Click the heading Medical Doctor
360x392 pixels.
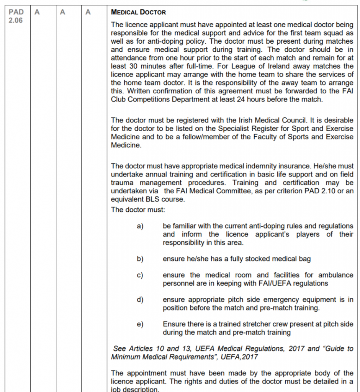pos(138,12)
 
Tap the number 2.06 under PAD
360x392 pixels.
pos(15,20)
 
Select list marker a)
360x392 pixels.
pos(140,226)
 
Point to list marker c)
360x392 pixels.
pos(140,275)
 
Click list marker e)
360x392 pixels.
pos(140,324)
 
